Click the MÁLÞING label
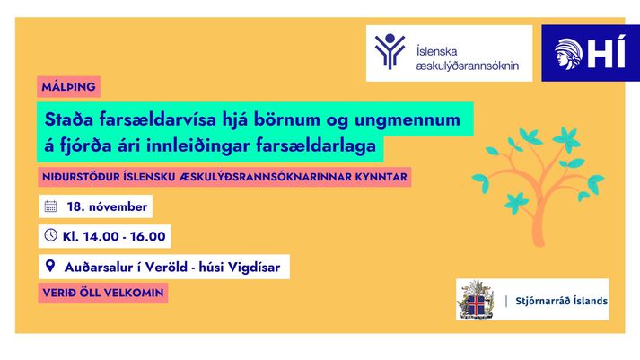pos(68,87)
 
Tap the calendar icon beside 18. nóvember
pos(50,206)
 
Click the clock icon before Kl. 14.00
pos(50,236)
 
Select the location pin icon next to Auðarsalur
pos(50,267)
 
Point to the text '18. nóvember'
pos(107,206)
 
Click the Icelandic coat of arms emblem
pos(475,300)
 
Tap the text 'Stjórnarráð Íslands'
pos(563,300)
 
